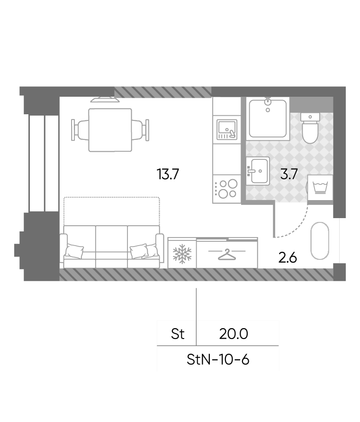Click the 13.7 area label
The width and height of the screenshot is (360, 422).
point(168,174)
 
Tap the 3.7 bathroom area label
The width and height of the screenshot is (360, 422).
point(289,174)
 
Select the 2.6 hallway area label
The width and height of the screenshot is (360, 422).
point(288,258)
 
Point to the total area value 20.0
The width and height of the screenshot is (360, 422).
point(234,334)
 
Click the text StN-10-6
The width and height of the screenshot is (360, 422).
point(218,359)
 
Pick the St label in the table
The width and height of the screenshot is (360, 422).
point(178,334)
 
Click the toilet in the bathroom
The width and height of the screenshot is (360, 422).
point(310,128)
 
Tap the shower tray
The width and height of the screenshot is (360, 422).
point(268,119)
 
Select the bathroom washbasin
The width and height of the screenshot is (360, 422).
point(258,171)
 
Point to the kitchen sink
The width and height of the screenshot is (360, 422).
point(227,129)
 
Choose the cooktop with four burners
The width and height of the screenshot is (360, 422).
point(226,189)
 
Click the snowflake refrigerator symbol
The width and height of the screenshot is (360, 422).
point(182,254)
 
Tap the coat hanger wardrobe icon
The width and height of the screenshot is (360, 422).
point(227,255)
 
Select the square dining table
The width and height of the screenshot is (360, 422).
point(110,130)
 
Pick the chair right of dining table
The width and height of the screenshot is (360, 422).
point(140,130)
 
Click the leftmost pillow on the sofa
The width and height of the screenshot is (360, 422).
point(74,251)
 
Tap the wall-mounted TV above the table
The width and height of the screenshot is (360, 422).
point(105,100)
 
